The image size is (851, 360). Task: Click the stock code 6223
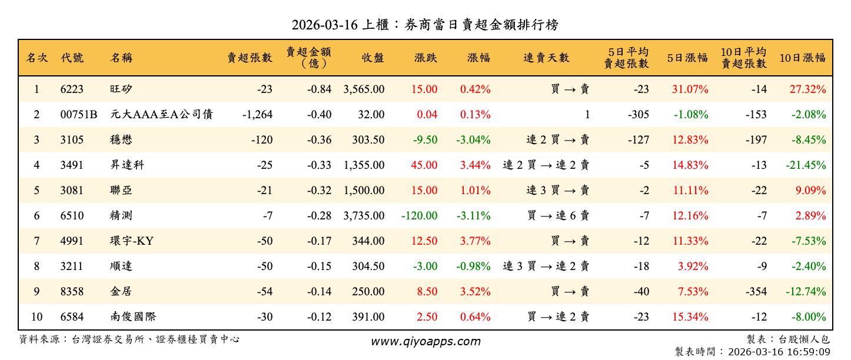click(x=72, y=89)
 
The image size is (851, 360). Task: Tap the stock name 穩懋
click(x=121, y=140)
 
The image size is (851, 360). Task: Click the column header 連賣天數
click(x=546, y=58)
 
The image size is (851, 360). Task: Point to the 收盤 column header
click(x=373, y=58)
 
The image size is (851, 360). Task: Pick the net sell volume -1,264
click(x=257, y=115)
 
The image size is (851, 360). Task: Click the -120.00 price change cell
click(x=419, y=216)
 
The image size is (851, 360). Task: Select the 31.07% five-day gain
click(x=690, y=89)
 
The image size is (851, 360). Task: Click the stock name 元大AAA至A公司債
click(x=161, y=115)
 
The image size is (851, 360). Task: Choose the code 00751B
click(x=78, y=115)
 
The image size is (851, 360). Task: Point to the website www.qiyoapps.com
click(x=425, y=341)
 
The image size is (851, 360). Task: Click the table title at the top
click(x=425, y=25)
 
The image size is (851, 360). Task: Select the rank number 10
click(x=36, y=317)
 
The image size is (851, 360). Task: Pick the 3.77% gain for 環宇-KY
click(x=475, y=241)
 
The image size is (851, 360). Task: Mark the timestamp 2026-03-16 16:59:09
click(x=779, y=352)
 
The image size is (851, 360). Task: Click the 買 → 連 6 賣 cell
click(x=558, y=216)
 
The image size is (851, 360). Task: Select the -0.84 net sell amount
click(x=319, y=89)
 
